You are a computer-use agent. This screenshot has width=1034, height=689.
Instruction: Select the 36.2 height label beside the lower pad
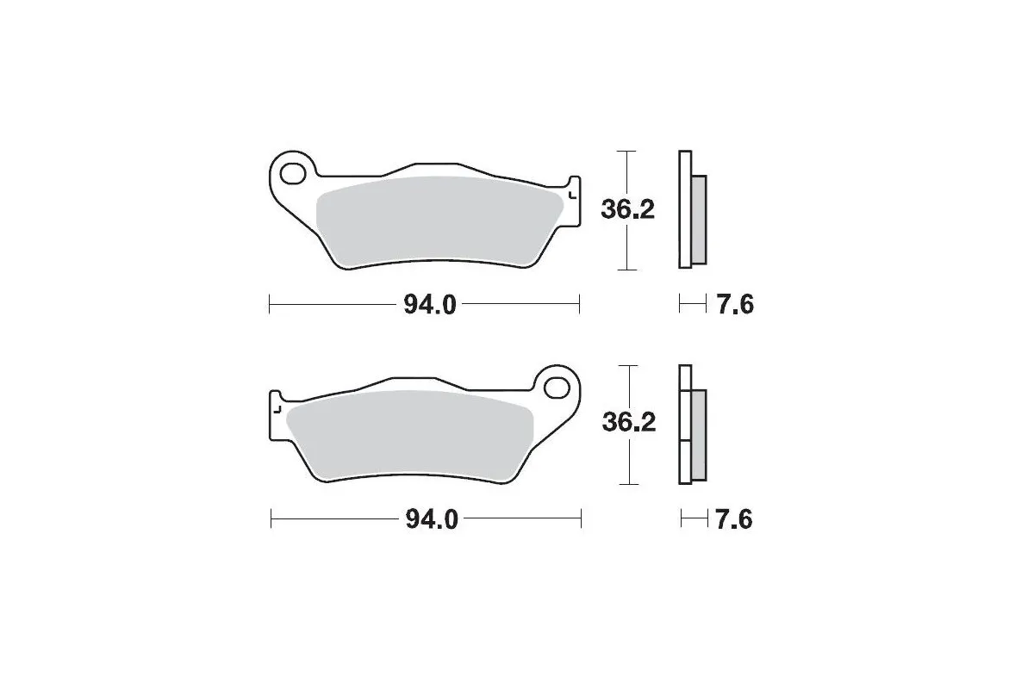629,422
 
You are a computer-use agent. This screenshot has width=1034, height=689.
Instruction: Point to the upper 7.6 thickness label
734,304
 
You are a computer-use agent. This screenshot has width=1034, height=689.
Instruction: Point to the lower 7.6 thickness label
734,519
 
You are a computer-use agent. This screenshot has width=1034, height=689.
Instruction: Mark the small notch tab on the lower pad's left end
277,406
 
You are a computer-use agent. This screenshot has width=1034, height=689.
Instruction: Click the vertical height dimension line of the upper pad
628,250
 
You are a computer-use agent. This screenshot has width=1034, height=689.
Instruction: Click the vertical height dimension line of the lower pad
632,465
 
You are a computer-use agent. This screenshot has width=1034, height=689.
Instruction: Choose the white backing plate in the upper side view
685,210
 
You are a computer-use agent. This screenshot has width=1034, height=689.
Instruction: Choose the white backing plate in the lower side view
685,426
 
